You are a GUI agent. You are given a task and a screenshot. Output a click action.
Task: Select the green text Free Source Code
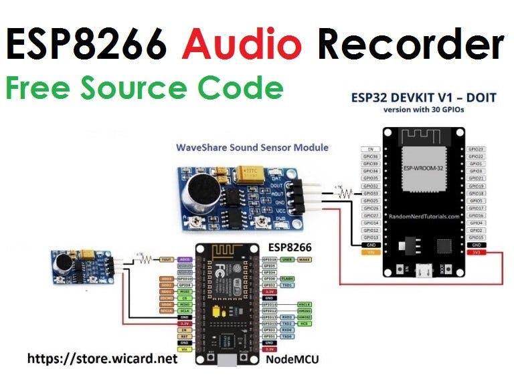[145, 88]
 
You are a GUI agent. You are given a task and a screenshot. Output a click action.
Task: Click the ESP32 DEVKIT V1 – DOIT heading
[424, 98]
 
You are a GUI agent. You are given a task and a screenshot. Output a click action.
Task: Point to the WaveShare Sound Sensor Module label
[252, 147]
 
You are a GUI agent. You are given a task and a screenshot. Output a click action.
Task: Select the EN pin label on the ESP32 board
[370, 149]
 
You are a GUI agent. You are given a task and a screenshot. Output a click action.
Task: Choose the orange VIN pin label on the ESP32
[370, 253]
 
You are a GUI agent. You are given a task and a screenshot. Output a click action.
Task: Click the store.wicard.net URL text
[102, 359]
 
